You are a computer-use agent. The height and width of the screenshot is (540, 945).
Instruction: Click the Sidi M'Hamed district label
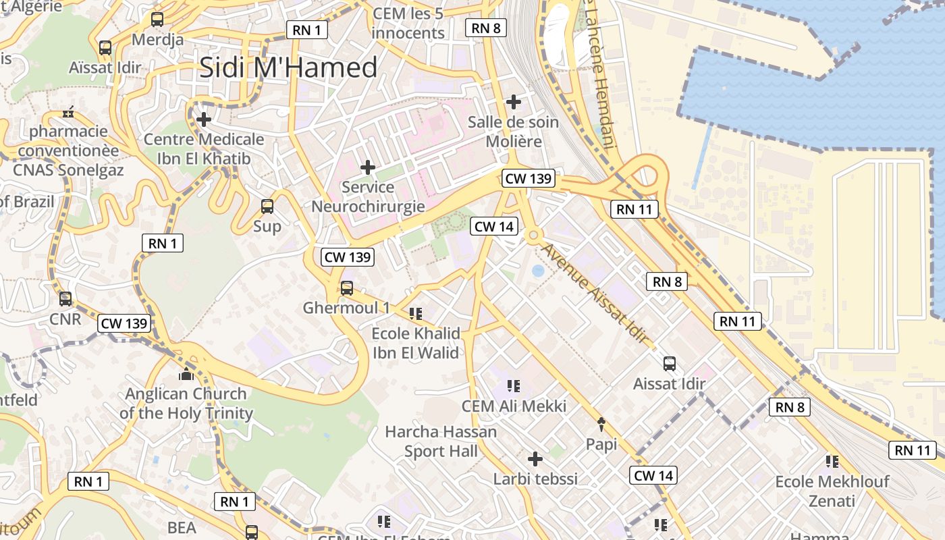[x=288, y=68]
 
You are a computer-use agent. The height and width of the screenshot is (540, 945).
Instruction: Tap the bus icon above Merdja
[x=157, y=20]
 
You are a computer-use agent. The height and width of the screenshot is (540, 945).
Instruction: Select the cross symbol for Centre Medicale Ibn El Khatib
[x=204, y=119]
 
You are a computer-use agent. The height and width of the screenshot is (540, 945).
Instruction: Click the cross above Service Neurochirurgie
[x=368, y=167]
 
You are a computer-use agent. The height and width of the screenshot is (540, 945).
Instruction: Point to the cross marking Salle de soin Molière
[x=514, y=102]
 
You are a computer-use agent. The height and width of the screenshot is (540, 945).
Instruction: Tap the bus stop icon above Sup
[x=267, y=206]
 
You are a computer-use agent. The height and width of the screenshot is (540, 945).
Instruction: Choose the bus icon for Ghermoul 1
[x=347, y=288]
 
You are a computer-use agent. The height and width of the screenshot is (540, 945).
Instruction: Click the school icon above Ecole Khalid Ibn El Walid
[x=416, y=313]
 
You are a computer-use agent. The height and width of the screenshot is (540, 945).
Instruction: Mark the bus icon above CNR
[x=65, y=298]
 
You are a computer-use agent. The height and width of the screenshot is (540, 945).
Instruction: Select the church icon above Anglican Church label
[x=186, y=374]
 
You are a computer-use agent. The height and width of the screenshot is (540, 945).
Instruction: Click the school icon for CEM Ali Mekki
[x=514, y=386]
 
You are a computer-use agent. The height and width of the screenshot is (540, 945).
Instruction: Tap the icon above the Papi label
[x=601, y=424]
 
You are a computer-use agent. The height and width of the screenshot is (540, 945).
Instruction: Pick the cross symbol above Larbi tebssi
[x=535, y=459]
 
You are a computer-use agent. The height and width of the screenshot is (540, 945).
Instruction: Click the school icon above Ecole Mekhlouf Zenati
[x=832, y=462]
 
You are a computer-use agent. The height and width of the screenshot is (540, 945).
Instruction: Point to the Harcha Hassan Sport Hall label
[x=441, y=441]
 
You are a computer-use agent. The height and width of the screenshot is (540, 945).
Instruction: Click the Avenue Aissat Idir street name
[x=595, y=293]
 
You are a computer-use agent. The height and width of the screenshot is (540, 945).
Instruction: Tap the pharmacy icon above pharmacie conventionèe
[x=68, y=112]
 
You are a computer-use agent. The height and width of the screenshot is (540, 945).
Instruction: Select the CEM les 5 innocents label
[x=408, y=23]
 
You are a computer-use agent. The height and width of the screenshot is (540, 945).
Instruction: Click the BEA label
[x=182, y=527]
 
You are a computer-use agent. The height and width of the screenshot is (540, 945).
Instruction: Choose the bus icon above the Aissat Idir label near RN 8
[x=670, y=364]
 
